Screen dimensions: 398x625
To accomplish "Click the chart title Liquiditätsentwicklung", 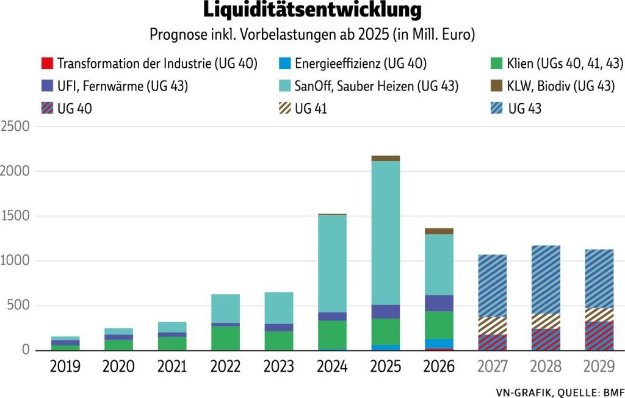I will (312, 10).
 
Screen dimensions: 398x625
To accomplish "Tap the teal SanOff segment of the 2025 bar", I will (385, 232).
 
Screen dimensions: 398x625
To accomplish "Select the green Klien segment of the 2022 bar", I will (225, 337).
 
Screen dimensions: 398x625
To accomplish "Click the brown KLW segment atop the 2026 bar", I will (439, 231).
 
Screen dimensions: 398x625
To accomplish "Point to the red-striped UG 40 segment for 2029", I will (599, 335).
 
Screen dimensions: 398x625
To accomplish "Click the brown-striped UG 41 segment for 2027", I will (492, 325).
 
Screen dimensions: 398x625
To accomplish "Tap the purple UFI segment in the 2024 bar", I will (332, 316).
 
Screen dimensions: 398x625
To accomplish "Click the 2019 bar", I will (65, 343).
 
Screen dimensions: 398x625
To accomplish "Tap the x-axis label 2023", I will (278, 367).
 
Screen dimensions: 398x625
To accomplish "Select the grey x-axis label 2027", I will (492, 367).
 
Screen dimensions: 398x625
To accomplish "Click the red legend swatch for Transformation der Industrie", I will (46, 64).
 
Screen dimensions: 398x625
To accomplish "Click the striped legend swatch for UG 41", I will (283, 109).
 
